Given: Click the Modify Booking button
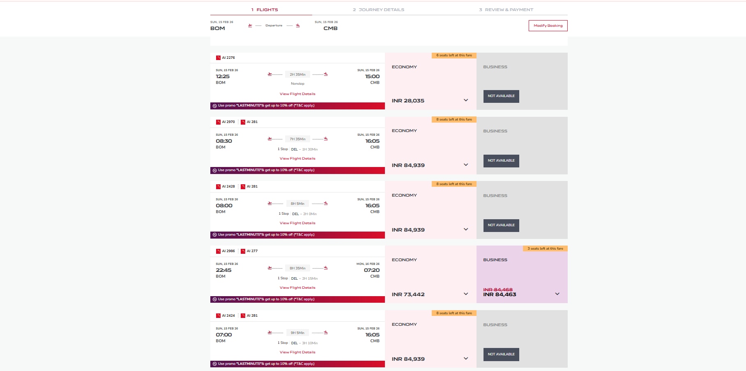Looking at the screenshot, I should (548, 26).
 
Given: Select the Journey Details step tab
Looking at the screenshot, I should (378, 10).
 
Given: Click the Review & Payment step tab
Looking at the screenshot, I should (506, 10).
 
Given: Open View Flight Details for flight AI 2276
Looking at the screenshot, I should (297, 94).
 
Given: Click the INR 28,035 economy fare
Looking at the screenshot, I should (408, 101).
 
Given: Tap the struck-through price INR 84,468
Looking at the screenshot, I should (497, 290).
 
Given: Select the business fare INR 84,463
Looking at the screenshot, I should (500, 294).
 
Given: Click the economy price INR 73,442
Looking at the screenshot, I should (408, 294).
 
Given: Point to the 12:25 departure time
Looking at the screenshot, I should (223, 77).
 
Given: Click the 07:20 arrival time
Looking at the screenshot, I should (371, 270).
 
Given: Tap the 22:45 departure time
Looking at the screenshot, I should (223, 270).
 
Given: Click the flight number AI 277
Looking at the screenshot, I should (252, 251).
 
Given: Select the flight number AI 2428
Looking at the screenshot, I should (228, 186).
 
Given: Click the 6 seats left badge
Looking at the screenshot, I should (454, 56).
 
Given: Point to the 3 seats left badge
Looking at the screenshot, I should (545, 248).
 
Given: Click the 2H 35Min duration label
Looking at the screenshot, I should (297, 74).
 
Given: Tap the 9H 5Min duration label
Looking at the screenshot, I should (297, 333).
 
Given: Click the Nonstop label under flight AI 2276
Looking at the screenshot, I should (297, 83).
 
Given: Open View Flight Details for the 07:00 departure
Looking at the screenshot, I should (297, 352).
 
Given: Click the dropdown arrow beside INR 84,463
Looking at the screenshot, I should (557, 294).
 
